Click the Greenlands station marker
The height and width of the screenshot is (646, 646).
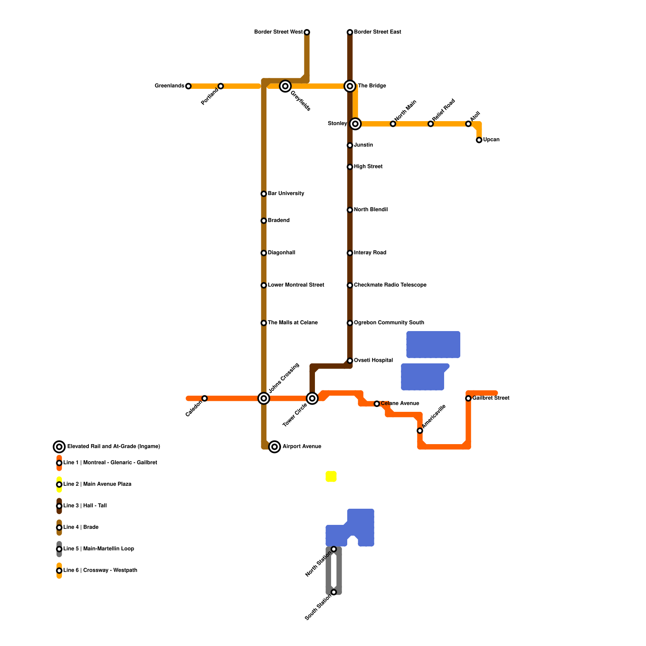click(x=188, y=86)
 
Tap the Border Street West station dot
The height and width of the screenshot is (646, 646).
click(x=307, y=32)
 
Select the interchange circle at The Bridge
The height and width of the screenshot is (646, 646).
click(x=350, y=86)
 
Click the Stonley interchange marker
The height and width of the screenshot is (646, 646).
click(x=355, y=124)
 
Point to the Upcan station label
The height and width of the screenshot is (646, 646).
click(x=491, y=140)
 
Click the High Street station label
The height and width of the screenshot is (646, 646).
click(x=368, y=166)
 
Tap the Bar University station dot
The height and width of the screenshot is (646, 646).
click(x=264, y=194)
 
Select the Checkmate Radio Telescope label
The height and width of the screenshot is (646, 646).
click(x=390, y=285)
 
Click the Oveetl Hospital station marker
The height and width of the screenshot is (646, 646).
click(x=350, y=361)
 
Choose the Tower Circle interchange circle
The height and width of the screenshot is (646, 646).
click(x=312, y=399)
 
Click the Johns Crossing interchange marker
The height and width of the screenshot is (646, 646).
click(x=264, y=399)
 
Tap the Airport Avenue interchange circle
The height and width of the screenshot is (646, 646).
click(x=275, y=447)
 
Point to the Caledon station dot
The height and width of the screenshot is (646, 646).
click(x=205, y=399)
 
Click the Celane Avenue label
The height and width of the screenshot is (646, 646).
click(x=400, y=403)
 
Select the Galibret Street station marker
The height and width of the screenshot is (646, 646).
click(x=468, y=399)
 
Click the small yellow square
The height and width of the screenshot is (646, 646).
click(x=331, y=476)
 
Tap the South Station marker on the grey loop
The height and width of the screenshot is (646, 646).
click(x=334, y=592)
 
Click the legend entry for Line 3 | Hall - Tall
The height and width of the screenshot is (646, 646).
click(x=85, y=506)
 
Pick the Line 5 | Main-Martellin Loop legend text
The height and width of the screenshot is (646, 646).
click(x=99, y=549)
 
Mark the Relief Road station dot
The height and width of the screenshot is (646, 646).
click(x=431, y=124)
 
